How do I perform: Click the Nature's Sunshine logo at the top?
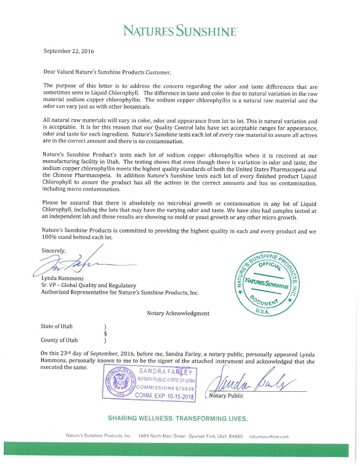pyautogui.click(x=179, y=32)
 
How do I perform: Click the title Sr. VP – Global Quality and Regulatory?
pyautogui.click(x=89, y=285)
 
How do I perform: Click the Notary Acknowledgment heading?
pyautogui.click(x=178, y=313)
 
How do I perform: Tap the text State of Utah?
pyautogui.click(x=56, y=326)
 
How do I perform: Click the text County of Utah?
pyautogui.click(x=59, y=340)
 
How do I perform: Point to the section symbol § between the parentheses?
pyautogui.click(x=105, y=333)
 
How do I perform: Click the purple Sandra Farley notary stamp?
pyautogui.click(x=151, y=383)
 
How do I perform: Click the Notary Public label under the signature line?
pyautogui.click(x=226, y=396)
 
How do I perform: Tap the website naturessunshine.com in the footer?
pyautogui.click(x=269, y=437)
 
